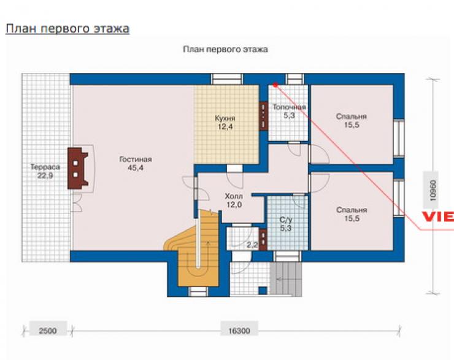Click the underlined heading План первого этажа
[67, 29]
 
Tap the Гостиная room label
[136, 159]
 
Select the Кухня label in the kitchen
[225, 118]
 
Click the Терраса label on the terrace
[45, 167]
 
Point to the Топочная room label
[289, 107]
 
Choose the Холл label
[234, 196]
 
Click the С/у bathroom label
[285, 220]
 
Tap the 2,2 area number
[252, 245]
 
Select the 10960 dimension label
[433, 190]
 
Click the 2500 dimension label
[48, 331]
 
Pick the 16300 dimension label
[239, 331]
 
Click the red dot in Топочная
[275, 85]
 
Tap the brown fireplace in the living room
[77, 168]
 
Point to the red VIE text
[438, 216]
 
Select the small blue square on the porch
[263, 291]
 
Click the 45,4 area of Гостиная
[136, 168]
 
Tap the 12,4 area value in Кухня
[225, 127]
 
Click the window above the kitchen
[226, 79]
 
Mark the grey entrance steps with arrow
[286, 279]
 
